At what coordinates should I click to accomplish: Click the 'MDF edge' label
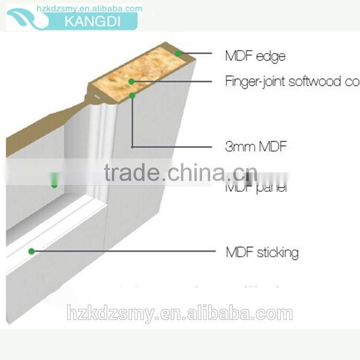(x=255, y=56)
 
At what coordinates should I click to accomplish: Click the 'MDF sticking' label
(x=262, y=252)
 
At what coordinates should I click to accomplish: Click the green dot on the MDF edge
(x=178, y=54)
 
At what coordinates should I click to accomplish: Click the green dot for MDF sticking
(x=31, y=251)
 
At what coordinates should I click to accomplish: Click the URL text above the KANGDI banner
(x=89, y=8)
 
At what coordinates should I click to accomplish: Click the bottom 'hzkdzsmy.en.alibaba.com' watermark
(x=180, y=314)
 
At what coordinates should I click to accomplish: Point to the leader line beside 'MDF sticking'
(x=125, y=251)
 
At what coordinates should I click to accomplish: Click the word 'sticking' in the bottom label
(x=277, y=252)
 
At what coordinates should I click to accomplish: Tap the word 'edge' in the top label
(x=271, y=57)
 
